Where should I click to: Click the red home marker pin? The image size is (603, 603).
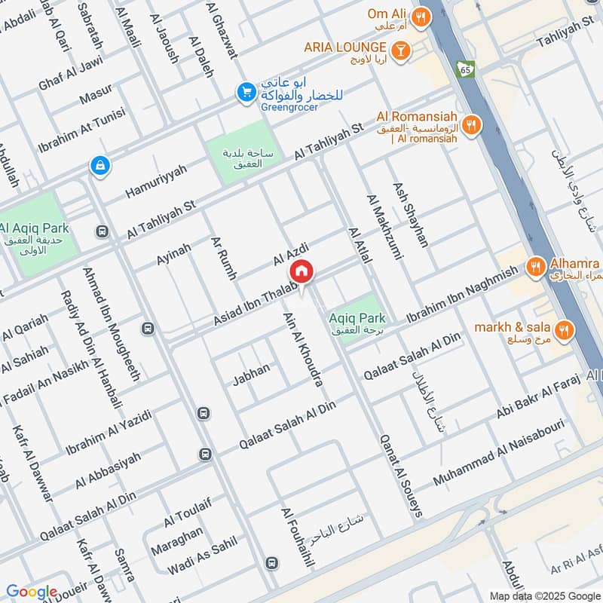[x=301, y=271]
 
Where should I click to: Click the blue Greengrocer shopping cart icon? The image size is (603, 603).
[x=245, y=92]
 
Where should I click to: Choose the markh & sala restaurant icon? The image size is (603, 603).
[x=563, y=329]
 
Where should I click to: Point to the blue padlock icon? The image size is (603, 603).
[x=99, y=164]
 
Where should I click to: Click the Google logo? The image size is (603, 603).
[x=31, y=592]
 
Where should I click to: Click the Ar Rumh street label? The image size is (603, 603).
[x=225, y=259]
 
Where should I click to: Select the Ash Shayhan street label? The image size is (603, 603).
[x=411, y=214]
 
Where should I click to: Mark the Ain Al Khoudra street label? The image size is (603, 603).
[x=304, y=350]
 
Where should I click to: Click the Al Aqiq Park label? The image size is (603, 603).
[x=35, y=228]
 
